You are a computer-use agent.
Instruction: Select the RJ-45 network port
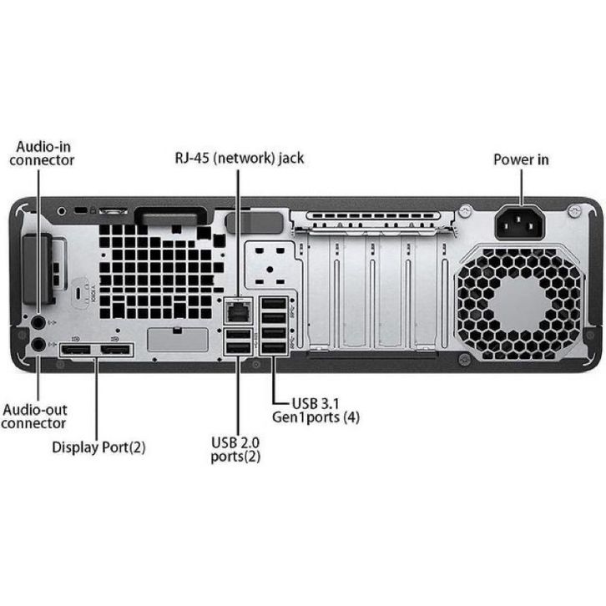[238, 310]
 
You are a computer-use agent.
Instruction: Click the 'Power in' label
[521, 159]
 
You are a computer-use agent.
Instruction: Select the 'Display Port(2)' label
[98, 447]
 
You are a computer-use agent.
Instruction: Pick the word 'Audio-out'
[35, 410]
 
